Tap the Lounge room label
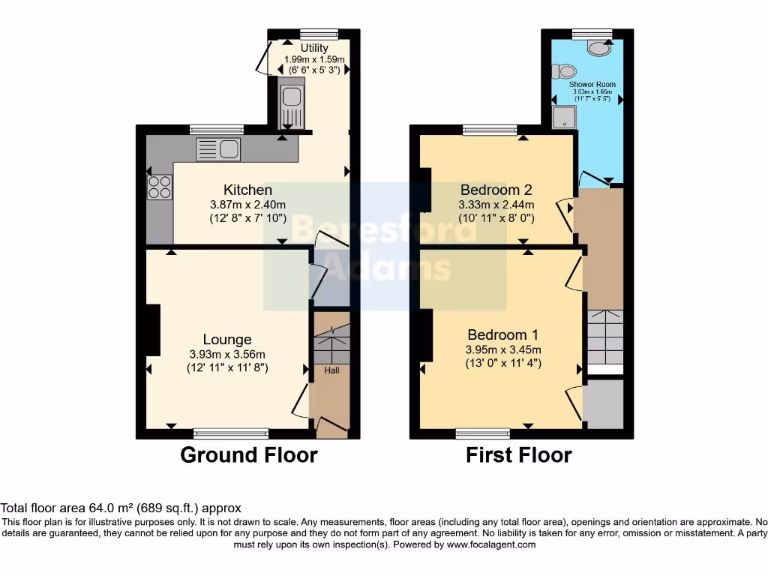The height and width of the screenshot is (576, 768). (x=226, y=340)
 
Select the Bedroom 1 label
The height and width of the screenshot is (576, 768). (x=502, y=334)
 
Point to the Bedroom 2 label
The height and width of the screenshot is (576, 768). (x=496, y=189)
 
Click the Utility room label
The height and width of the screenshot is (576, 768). (x=314, y=48)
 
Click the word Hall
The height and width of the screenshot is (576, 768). (x=331, y=370)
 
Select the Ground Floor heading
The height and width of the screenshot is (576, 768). (x=248, y=454)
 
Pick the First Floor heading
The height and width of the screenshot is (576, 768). (x=518, y=454)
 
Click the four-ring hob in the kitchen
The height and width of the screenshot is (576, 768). (x=160, y=187)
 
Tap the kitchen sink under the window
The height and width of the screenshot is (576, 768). (x=217, y=150)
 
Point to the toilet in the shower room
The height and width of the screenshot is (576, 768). (x=562, y=71)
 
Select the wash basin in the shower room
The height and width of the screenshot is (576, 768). (x=598, y=49)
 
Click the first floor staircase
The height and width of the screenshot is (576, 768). (x=604, y=337)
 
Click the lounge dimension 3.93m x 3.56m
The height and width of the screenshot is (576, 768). (x=226, y=355)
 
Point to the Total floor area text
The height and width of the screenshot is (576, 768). (x=121, y=508)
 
